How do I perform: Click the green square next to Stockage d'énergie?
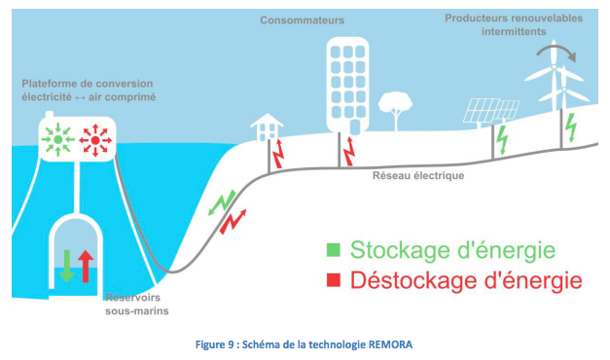pos(332,250)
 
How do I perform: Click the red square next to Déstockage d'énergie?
pos(332,280)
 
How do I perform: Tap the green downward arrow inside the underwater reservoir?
pos(66,263)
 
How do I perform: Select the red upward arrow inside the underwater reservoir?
pos(85,263)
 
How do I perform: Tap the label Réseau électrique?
pos(418,177)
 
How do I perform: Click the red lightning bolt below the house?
pos(278,152)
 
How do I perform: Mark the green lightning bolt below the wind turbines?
pos(572,126)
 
